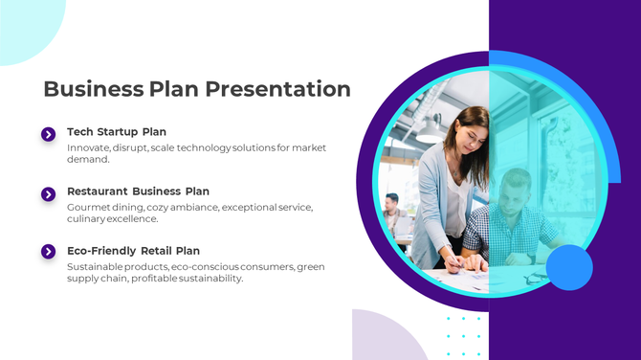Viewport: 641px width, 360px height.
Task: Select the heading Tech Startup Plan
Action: pos(117,131)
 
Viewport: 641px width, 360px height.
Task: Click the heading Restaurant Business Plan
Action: pos(138,191)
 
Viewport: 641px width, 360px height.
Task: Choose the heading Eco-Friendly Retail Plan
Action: pos(133,251)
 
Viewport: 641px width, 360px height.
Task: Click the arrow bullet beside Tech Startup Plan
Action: pos(49,134)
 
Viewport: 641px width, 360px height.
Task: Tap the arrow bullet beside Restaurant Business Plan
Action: pos(49,194)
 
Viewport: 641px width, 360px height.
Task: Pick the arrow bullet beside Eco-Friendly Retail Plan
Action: pos(49,252)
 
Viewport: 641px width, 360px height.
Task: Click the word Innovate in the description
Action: pos(87,148)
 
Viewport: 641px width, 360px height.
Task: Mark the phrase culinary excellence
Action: pos(112,219)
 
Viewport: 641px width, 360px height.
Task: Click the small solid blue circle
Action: pos(570,267)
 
